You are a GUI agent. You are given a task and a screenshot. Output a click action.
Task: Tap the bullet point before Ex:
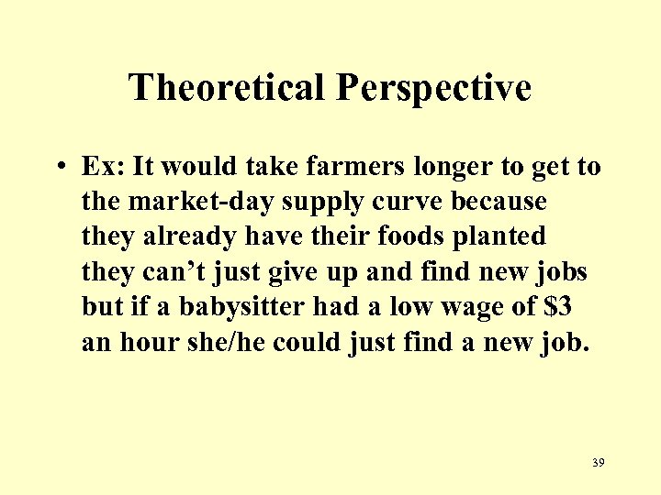[58, 168]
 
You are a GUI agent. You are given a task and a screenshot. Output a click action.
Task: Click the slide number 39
[599, 463]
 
